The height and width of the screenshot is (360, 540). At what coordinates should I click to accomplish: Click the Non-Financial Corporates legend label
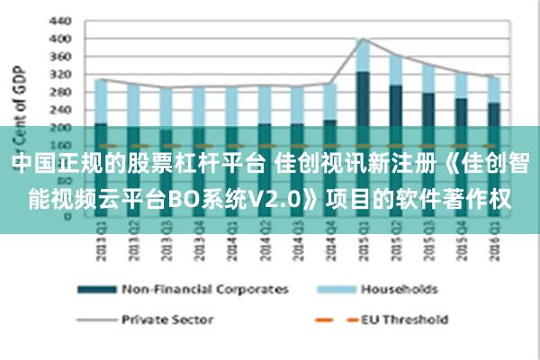(x=204, y=289)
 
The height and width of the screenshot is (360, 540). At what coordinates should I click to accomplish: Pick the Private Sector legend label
(x=168, y=318)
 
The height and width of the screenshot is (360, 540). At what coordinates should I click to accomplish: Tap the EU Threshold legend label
(x=404, y=318)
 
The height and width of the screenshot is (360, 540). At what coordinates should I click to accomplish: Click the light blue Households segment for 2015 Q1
(x=363, y=56)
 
